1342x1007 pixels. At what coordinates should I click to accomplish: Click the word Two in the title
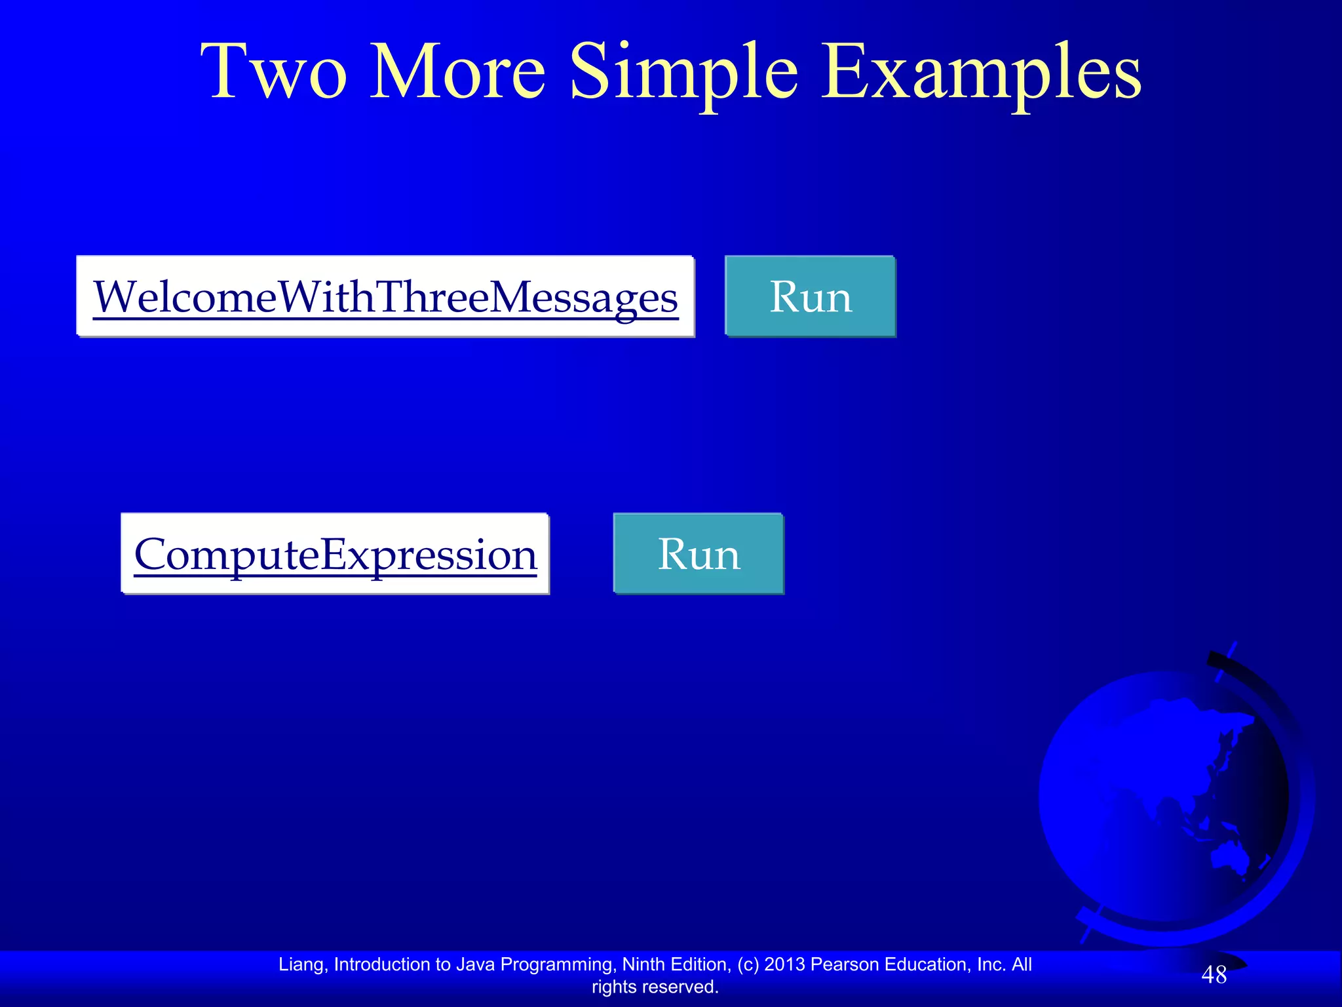tap(273, 72)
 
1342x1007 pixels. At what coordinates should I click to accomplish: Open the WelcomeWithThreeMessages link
tap(385, 297)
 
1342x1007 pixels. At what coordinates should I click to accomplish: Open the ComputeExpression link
tap(335, 554)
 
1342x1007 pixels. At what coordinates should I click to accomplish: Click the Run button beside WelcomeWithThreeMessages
tap(810, 297)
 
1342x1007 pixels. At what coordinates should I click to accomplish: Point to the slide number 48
tap(1214, 975)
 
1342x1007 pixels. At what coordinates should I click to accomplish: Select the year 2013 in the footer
tap(784, 964)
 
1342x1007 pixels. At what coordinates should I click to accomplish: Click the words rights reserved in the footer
tap(655, 987)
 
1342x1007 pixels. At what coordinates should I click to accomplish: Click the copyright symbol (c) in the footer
tap(748, 964)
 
